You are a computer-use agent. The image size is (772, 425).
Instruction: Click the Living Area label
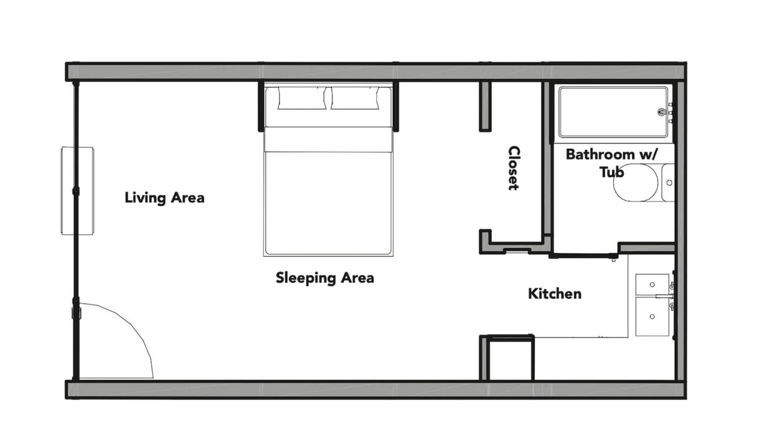(164, 198)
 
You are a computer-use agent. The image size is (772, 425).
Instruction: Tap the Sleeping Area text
(324, 278)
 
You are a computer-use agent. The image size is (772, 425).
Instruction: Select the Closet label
(514, 168)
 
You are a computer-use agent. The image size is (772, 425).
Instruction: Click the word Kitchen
(555, 294)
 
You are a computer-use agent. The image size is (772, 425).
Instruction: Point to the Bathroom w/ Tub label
(611, 162)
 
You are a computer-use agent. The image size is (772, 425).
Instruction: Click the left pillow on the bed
(302, 98)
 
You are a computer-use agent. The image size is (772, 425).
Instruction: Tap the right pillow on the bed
(355, 98)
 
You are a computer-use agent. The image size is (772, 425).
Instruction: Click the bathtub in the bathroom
(613, 112)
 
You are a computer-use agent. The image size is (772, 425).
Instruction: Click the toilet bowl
(635, 183)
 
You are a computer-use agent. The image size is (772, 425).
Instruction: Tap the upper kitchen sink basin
(652, 284)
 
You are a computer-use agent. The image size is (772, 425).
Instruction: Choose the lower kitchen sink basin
(652, 316)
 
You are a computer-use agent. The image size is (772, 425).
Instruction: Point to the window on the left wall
(77, 190)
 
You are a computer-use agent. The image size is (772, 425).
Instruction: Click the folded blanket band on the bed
(328, 140)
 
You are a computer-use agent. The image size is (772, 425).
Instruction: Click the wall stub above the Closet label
(485, 106)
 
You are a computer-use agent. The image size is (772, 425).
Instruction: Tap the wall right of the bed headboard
(395, 106)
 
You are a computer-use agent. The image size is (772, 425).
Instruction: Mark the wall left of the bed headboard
(261, 106)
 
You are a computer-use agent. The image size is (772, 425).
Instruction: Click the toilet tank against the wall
(668, 183)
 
